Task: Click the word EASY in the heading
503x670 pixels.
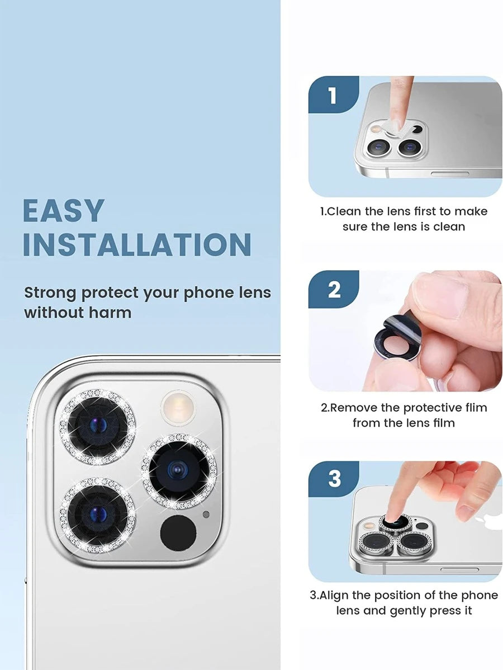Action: [63, 210]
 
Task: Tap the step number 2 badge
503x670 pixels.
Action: [334, 289]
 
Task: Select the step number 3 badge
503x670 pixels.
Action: [334, 479]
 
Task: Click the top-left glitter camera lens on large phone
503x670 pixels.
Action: [97, 427]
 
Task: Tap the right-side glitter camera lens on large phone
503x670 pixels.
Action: [179, 471]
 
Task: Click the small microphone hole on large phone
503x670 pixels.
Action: [206, 514]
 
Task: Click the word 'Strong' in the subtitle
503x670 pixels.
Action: [50, 293]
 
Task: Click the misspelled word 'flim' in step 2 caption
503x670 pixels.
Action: [476, 407]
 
